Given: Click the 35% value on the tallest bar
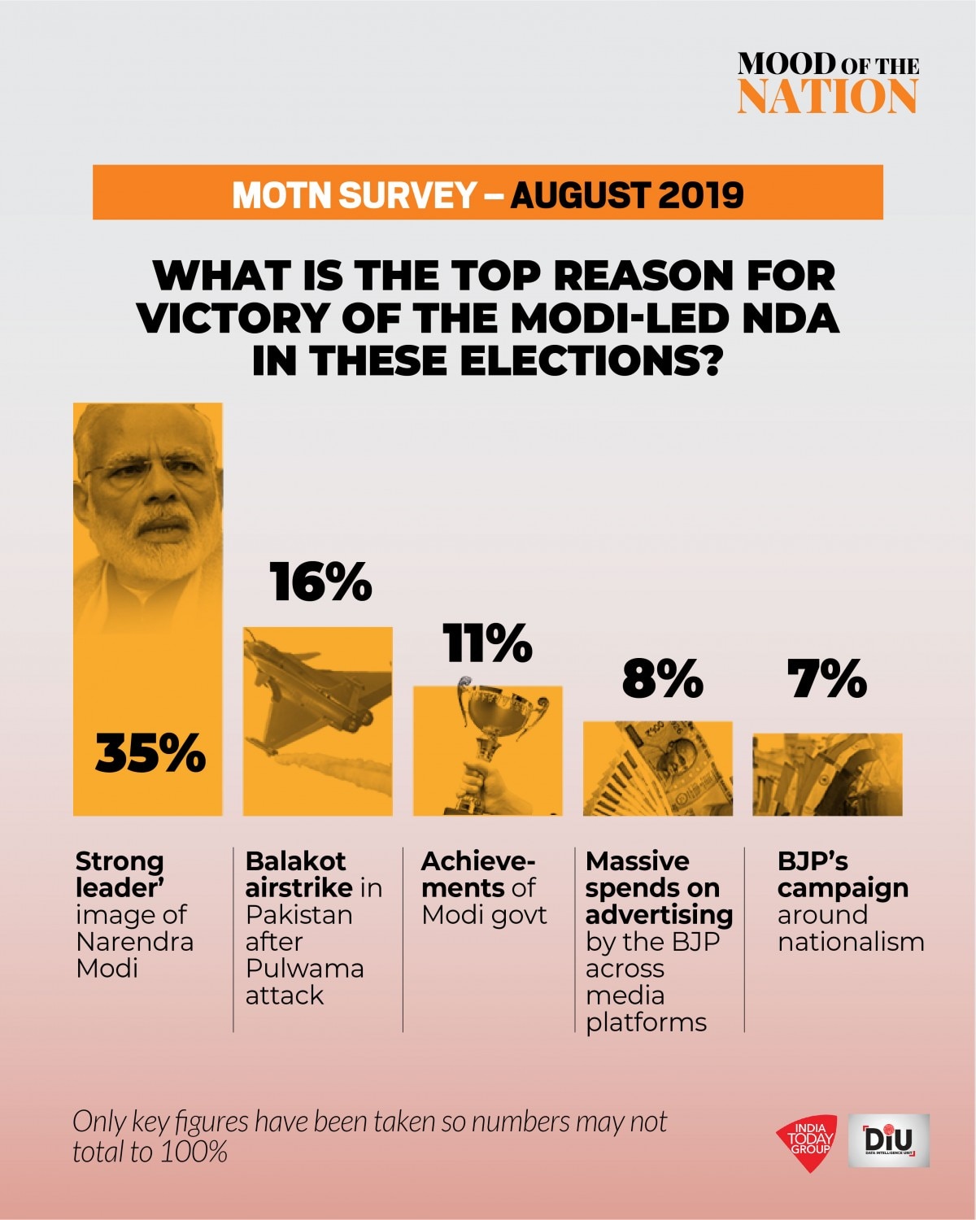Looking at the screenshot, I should click(x=150, y=753).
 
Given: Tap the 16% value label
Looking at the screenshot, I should click(x=320, y=582).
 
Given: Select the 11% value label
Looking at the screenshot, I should click(x=487, y=643).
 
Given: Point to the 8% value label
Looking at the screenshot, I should click(x=662, y=678).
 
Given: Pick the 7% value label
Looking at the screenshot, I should click(x=826, y=678).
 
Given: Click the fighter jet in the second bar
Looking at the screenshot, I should click(x=313, y=691).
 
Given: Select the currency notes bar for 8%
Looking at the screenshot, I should click(x=657, y=769).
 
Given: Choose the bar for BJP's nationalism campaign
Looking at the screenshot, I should click(x=827, y=774).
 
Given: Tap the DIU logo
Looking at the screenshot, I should click(x=888, y=1140).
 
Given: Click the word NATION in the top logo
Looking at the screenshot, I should click(x=827, y=97).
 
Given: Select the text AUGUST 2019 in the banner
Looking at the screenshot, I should click(x=627, y=194).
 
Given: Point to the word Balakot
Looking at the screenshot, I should click(x=295, y=861).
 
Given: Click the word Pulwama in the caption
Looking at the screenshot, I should click(x=304, y=969).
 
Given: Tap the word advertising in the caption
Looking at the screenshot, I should click(x=659, y=915).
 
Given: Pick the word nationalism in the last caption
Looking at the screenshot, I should click(x=851, y=942).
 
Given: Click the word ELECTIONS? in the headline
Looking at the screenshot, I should click(x=591, y=361).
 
